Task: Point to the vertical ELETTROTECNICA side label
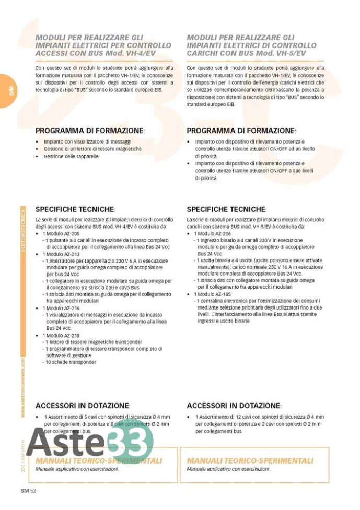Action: click(23, 230)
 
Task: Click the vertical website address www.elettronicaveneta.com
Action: click(23, 387)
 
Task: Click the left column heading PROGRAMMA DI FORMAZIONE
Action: click(89, 131)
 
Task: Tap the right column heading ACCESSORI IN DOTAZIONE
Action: click(234, 405)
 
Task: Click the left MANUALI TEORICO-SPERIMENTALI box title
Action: click(99, 461)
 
